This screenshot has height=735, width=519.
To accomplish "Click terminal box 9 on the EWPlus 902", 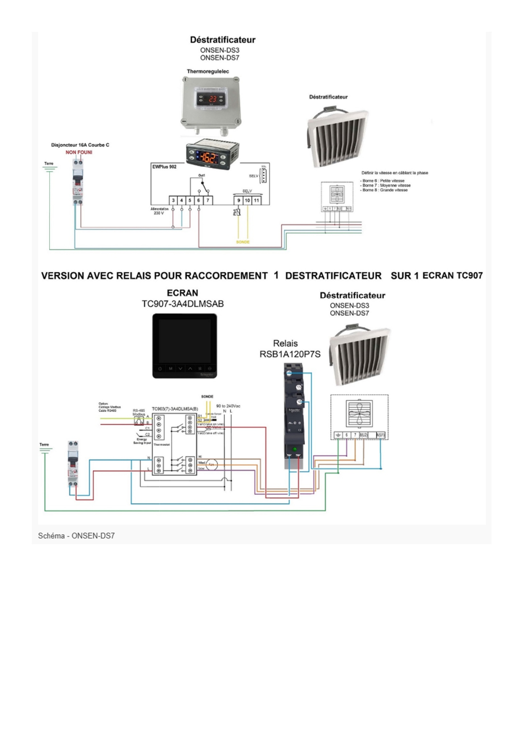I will [x=239, y=201].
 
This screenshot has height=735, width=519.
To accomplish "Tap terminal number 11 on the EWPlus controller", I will [x=256, y=201].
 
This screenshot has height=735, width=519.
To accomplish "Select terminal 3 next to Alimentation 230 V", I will [x=173, y=201].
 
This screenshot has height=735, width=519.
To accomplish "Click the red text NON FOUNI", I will [x=79, y=152].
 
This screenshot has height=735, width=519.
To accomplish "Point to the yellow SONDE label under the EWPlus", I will [x=243, y=242].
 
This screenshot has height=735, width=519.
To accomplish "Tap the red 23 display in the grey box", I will [x=213, y=99].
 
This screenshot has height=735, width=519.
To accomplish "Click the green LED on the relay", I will [x=295, y=450].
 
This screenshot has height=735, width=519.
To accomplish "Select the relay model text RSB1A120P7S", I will [x=290, y=354].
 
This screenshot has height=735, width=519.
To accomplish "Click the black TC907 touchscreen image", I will [x=185, y=346].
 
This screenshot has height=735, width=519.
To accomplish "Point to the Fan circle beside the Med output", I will [x=211, y=464].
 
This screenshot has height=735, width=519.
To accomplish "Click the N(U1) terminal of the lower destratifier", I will [x=380, y=435].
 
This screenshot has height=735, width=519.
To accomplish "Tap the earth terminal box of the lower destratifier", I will [x=338, y=435].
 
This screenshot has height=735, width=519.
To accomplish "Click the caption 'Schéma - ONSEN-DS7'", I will [x=76, y=536].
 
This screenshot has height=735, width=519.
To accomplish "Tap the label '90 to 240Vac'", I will [x=228, y=406].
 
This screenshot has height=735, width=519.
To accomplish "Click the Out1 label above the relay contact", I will [x=202, y=175].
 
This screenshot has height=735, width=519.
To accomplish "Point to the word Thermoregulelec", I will [x=208, y=72].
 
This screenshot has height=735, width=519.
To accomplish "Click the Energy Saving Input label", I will [x=142, y=441].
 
